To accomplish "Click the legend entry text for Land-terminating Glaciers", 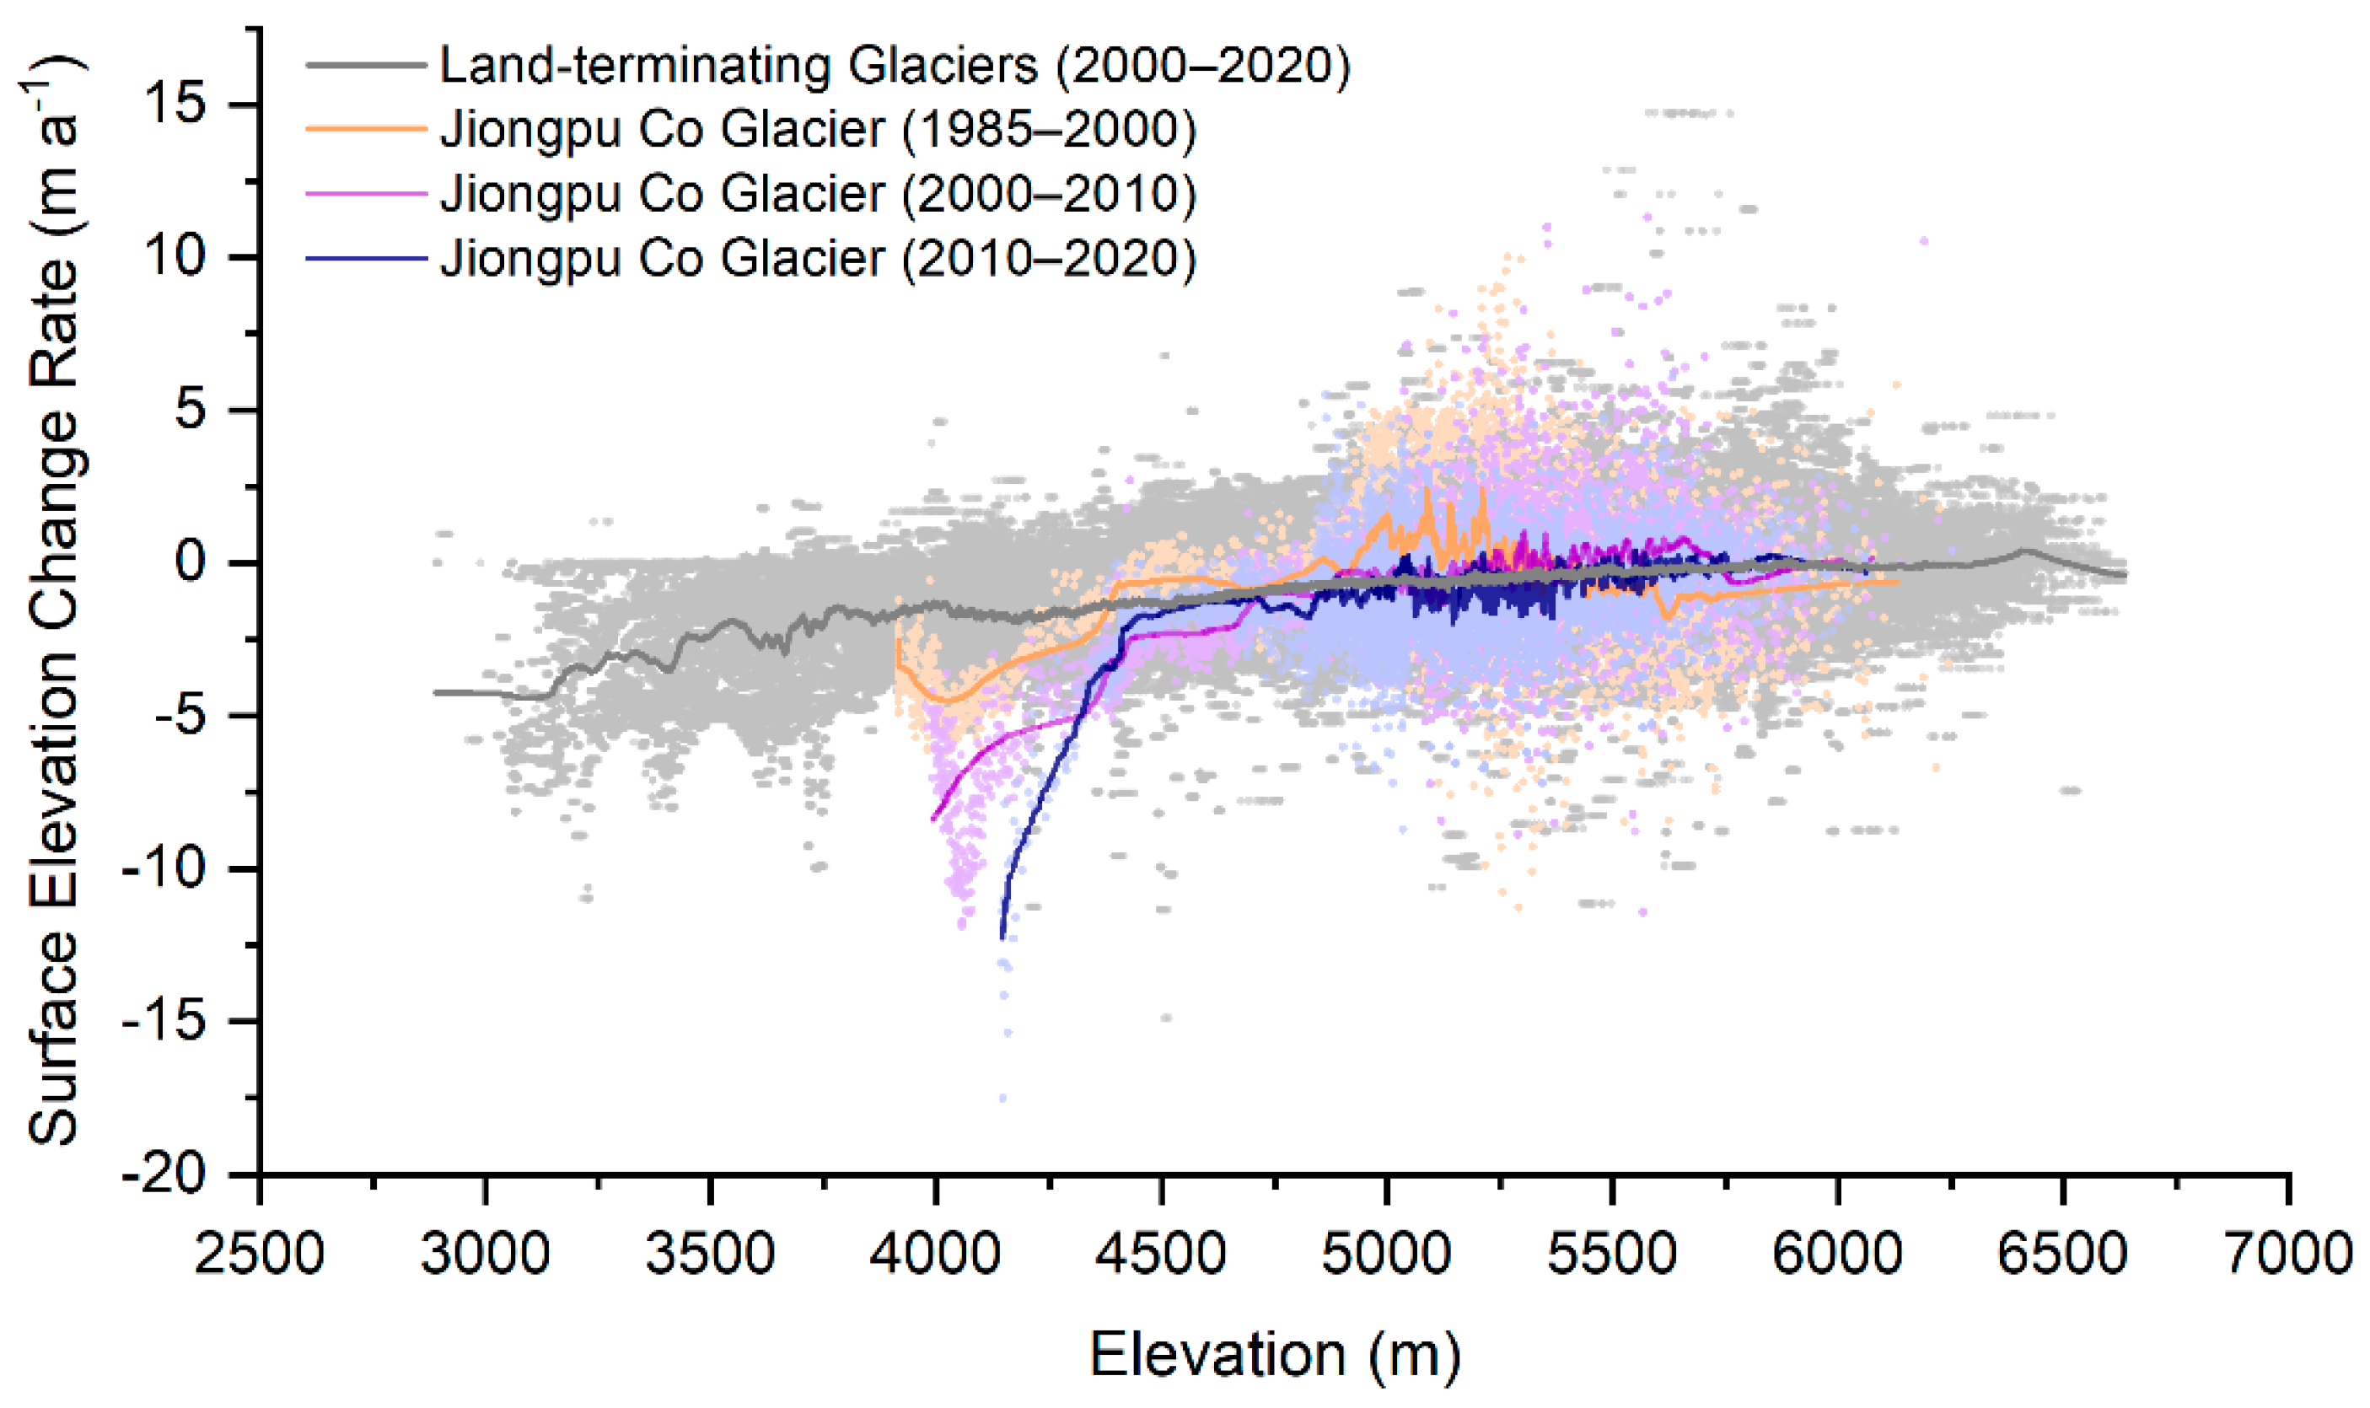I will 894,66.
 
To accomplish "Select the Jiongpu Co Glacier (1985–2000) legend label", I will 818,129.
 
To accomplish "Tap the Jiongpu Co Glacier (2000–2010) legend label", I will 818,194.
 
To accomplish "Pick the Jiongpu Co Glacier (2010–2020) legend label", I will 818,258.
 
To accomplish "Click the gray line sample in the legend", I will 365,66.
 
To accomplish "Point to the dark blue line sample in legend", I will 365,258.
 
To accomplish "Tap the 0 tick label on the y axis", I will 190,562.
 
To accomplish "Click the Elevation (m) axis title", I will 1274,1354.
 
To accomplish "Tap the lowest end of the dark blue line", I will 1002,938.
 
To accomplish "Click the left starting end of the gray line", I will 436,692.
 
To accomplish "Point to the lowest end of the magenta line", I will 933,819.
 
